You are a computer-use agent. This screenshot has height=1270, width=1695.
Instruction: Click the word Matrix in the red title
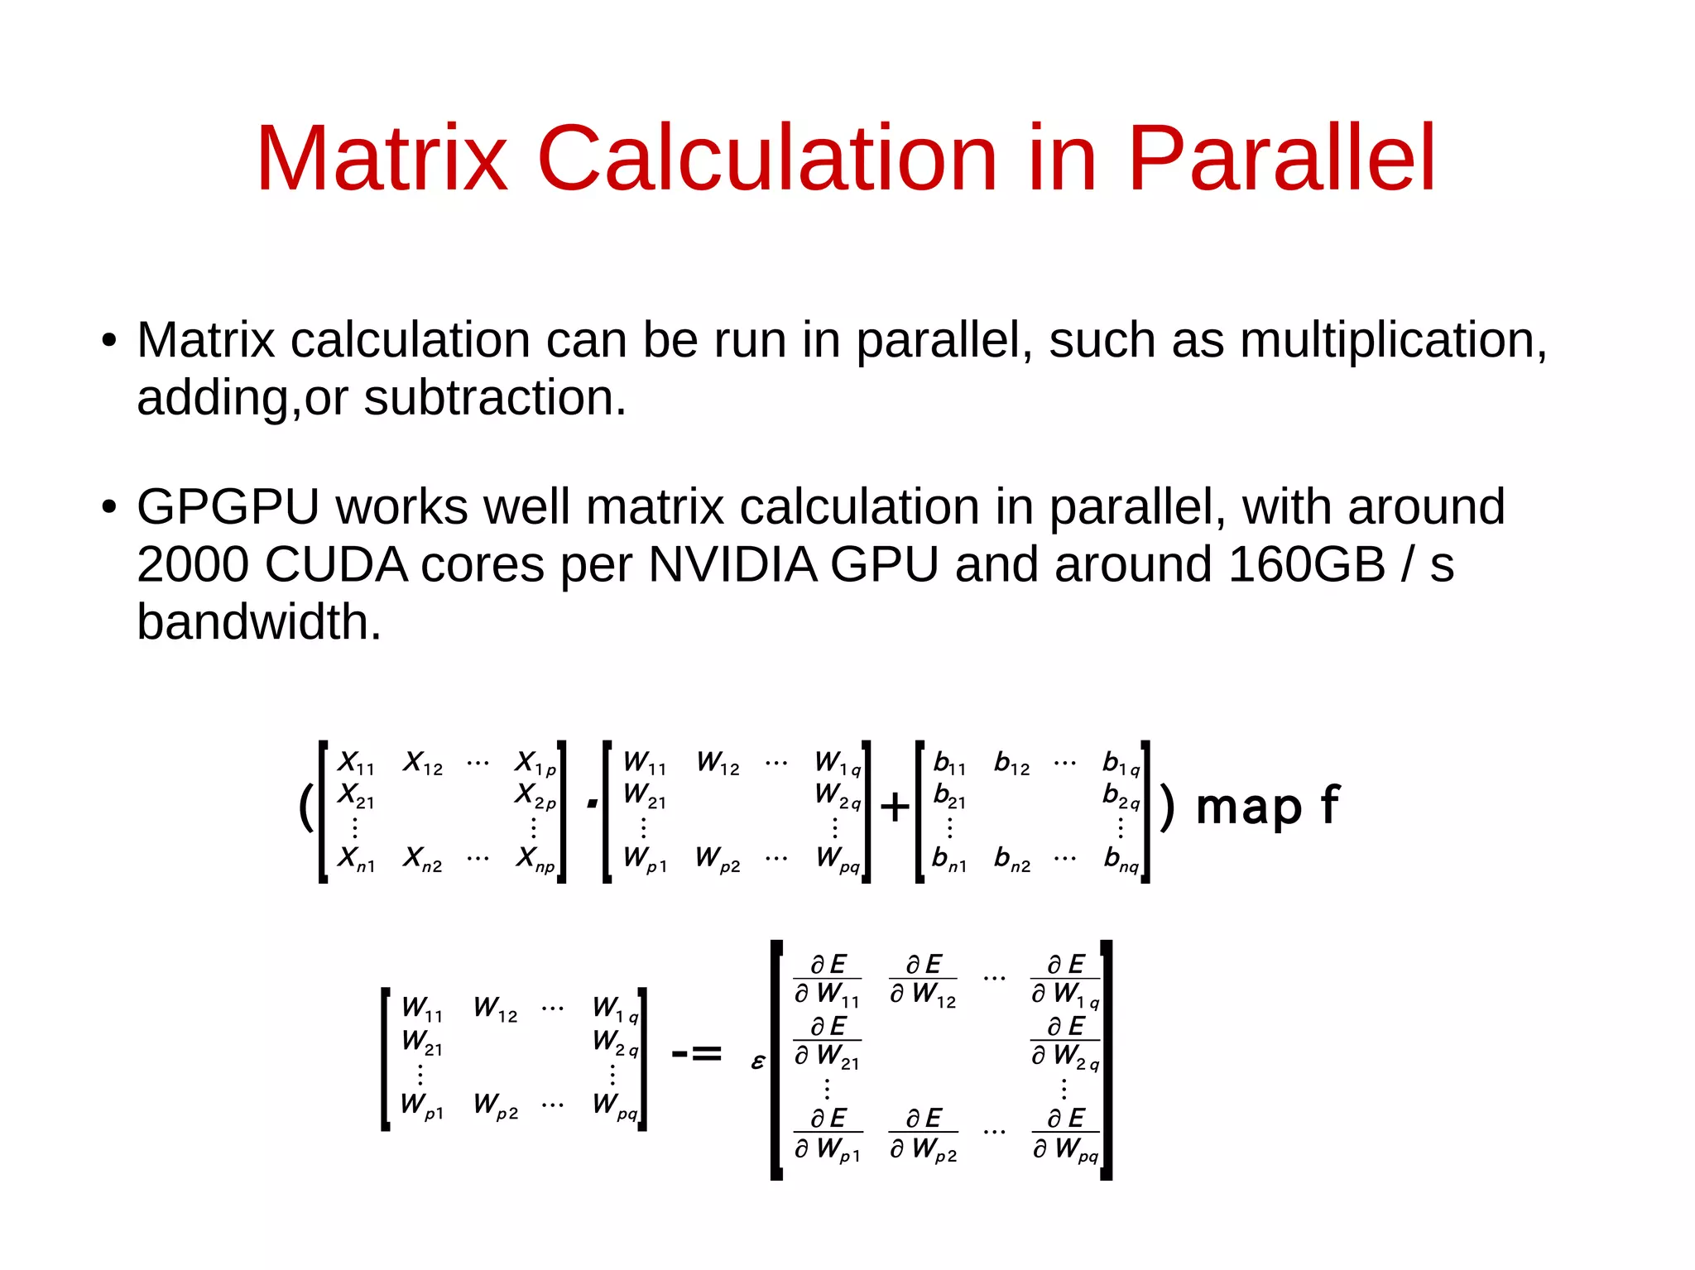tap(381, 158)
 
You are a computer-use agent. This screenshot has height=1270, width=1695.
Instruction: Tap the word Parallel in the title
tap(1281, 158)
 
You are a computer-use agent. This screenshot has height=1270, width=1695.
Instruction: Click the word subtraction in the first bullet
tap(494, 398)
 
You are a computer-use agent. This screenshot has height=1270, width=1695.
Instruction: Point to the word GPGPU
tap(228, 507)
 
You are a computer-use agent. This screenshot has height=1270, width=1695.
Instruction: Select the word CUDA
tap(336, 565)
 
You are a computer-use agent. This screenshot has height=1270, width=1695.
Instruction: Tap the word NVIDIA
tap(732, 565)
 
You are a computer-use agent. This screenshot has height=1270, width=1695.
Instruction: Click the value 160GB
tap(1307, 565)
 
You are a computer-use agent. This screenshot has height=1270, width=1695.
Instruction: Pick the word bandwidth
tap(258, 622)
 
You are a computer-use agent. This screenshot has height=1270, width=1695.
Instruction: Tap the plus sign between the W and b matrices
tap(895, 807)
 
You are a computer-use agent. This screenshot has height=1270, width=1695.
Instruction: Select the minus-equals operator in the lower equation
tap(696, 1053)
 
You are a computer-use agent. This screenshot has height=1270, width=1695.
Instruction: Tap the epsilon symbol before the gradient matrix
tap(757, 1062)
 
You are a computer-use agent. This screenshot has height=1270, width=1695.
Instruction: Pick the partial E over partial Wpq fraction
tap(1065, 1134)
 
